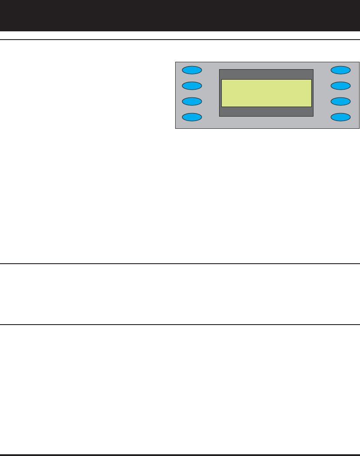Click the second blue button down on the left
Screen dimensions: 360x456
click(x=192, y=85)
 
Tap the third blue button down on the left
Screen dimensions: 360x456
click(x=192, y=101)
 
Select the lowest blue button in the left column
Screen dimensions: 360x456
click(x=192, y=117)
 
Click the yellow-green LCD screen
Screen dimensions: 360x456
click(x=266, y=93)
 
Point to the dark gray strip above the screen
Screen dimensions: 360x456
click(x=266, y=74)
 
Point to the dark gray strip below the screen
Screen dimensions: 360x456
click(x=266, y=111)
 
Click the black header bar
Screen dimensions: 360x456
click(x=180, y=15)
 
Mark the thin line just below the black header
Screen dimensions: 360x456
click(x=180, y=40)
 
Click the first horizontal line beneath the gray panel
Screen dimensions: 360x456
click(x=180, y=263)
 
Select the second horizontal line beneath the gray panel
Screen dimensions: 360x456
click(x=180, y=324)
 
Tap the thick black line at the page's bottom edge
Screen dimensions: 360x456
click(x=180, y=455)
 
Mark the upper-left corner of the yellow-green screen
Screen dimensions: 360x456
click(x=222, y=80)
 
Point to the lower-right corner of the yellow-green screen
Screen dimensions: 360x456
click(x=311, y=106)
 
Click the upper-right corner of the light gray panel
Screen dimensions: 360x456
click(x=359, y=62)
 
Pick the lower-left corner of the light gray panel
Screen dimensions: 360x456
click(x=176, y=128)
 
